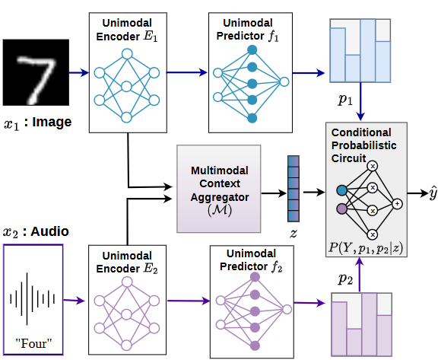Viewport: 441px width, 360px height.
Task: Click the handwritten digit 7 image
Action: (35, 74)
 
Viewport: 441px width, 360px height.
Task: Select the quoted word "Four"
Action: (35, 340)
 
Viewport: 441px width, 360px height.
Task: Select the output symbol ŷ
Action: (433, 195)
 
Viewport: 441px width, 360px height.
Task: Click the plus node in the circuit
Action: (396, 203)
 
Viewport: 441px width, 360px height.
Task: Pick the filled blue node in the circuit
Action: (341, 190)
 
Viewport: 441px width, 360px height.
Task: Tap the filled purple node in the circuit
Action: (341, 209)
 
